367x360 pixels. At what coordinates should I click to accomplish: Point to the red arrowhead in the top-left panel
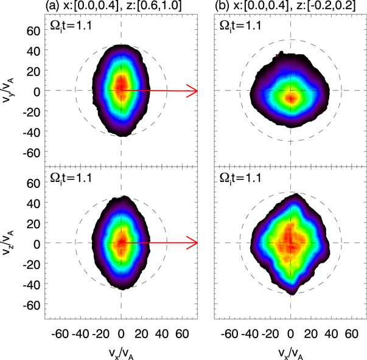tap(193, 91)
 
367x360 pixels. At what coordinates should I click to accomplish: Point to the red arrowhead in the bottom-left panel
tap(193, 243)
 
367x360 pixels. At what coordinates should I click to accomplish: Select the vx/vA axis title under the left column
tap(122, 352)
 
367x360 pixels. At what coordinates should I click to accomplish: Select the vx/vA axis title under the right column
tap(290, 352)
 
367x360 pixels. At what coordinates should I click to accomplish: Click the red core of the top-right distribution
tap(291, 97)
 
